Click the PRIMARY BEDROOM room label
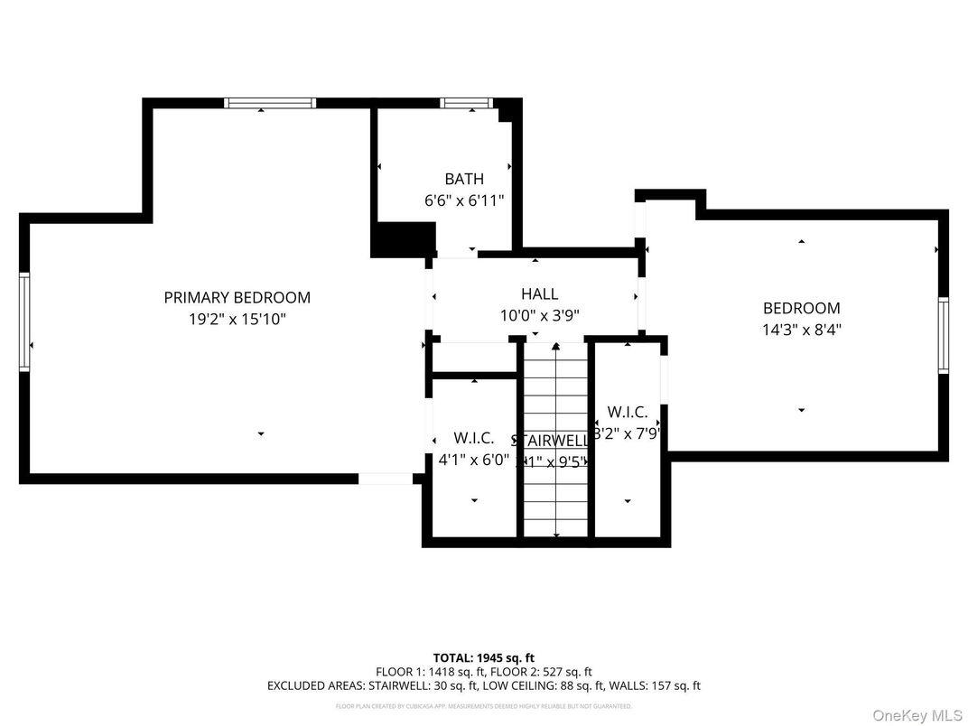tap(237, 297)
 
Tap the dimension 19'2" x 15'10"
tap(237, 319)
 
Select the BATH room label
tap(463, 179)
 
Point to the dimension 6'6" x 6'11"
tap(463, 200)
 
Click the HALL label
tap(539, 293)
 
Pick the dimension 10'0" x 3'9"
tap(539, 315)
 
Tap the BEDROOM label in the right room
tap(801, 308)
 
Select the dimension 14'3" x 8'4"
tap(801, 330)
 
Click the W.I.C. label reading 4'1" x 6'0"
tap(473, 438)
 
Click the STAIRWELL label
tap(550, 441)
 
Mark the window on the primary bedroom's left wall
tap(24, 321)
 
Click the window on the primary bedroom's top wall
tap(270, 103)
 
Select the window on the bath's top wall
tap(466, 103)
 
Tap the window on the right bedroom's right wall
tap(943, 335)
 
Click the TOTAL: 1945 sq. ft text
tap(483, 657)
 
